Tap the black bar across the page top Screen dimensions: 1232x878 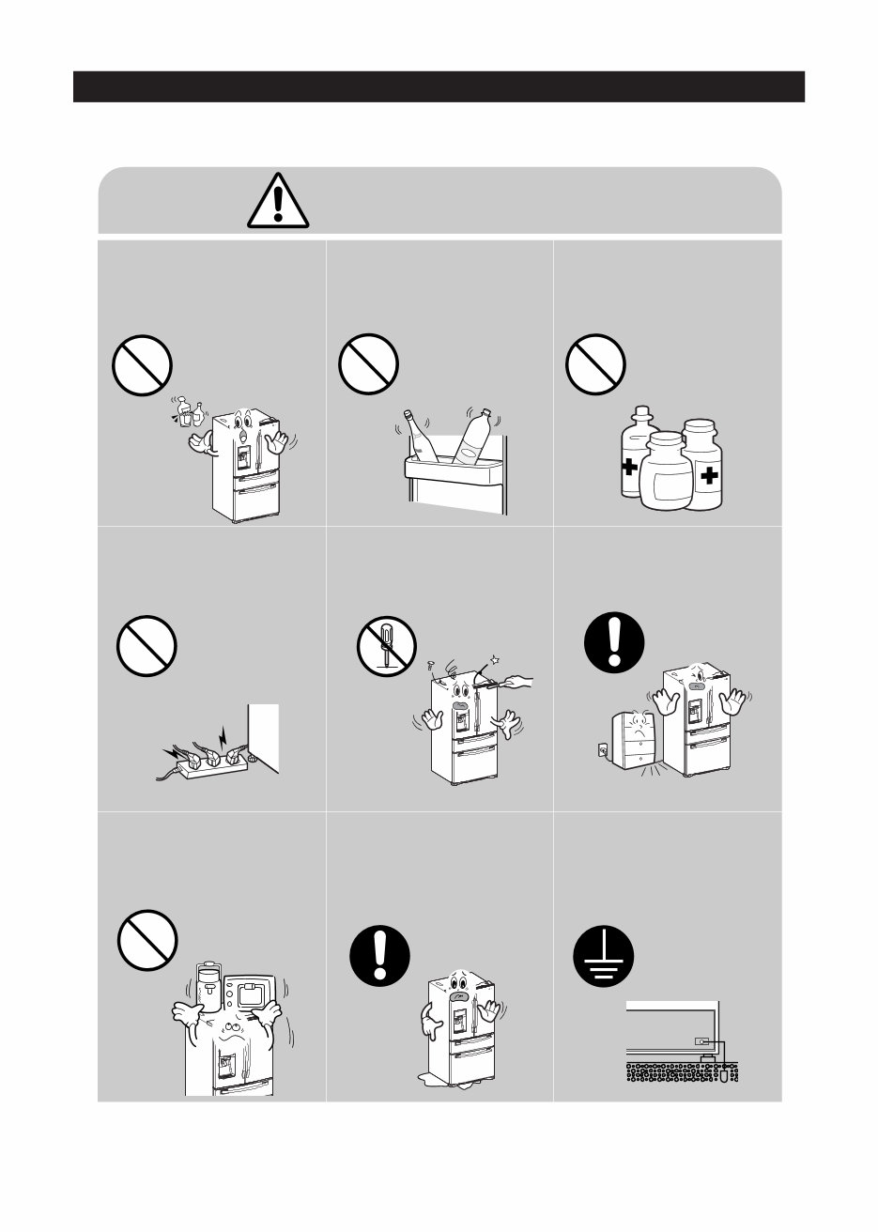[x=439, y=85]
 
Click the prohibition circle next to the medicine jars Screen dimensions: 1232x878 [x=595, y=366]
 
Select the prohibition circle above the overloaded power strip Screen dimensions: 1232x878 [x=146, y=649]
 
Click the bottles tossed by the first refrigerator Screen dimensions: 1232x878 [x=191, y=411]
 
